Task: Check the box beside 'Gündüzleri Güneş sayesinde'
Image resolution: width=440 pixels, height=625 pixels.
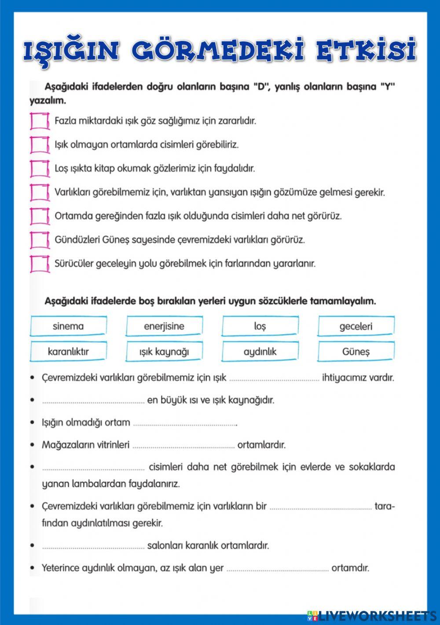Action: point(40,240)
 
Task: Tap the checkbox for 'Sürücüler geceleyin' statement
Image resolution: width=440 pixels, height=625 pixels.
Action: point(40,264)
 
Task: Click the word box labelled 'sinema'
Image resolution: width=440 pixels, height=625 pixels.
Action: point(68,327)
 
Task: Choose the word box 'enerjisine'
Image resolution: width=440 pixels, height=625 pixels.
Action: point(164,327)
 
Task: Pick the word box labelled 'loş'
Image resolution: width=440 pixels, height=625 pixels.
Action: point(260,327)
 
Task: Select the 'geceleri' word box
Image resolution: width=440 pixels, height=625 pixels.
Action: point(356,327)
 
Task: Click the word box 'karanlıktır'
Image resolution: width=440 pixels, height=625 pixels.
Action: point(68,352)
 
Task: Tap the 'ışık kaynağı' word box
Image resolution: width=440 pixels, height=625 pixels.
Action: point(164,352)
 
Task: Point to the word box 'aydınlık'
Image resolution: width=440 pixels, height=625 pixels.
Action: point(260,352)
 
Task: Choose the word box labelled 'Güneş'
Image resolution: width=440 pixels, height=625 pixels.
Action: point(356,352)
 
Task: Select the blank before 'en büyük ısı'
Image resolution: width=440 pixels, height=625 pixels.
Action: point(93,401)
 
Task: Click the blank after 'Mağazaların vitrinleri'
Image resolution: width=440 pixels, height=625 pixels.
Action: point(183,446)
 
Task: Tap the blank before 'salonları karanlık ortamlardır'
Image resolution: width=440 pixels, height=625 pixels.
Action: point(93,546)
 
